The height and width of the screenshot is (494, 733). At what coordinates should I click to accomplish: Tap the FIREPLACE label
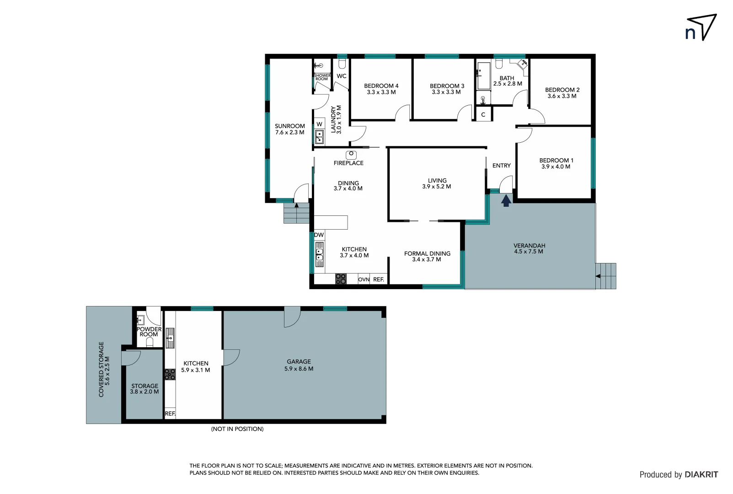pyautogui.click(x=348, y=163)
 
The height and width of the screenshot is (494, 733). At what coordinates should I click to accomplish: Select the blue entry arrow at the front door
pyautogui.click(x=506, y=201)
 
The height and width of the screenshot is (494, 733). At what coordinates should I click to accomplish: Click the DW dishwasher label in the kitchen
pyautogui.click(x=319, y=235)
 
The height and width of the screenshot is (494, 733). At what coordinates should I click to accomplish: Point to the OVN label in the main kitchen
pyautogui.click(x=364, y=279)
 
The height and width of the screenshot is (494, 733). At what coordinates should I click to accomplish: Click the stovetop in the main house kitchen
pyautogui.click(x=341, y=279)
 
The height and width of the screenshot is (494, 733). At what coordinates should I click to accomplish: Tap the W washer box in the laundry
pyautogui.click(x=319, y=124)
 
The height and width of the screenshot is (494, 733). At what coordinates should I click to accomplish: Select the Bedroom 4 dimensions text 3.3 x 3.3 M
pyautogui.click(x=381, y=92)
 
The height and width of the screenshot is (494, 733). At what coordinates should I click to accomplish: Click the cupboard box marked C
pyautogui.click(x=483, y=114)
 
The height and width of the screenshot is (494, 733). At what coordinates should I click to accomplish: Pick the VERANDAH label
pyautogui.click(x=529, y=246)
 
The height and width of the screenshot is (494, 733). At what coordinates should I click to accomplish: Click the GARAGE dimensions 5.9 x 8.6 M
pyautogui.click(x=299, y=369)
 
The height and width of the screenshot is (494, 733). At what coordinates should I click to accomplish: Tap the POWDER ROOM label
pyautogui.click(x=149, y=332)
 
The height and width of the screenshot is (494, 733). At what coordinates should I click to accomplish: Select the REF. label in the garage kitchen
pyautogui.click(x=170, y=413)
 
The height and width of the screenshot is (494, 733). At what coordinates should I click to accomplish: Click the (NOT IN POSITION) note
pyautogui.click(x=237, y=429)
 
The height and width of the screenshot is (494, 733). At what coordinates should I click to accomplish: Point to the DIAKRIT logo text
pyautogui.click(x=701, y=475)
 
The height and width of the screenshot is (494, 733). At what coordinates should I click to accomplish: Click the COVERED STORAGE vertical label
pyautogui.click(x=101, y=369)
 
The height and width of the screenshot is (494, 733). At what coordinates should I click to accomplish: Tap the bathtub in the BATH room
pyautogui.click(x=483, y=76)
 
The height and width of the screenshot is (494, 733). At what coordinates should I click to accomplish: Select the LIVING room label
pyautogui.click(x=437, y=181)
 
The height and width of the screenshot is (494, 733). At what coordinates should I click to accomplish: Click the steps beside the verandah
pyautogui.click(x=606, y=276)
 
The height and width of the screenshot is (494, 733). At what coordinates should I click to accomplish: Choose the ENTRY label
pyautogui.click(x=501, y=166)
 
